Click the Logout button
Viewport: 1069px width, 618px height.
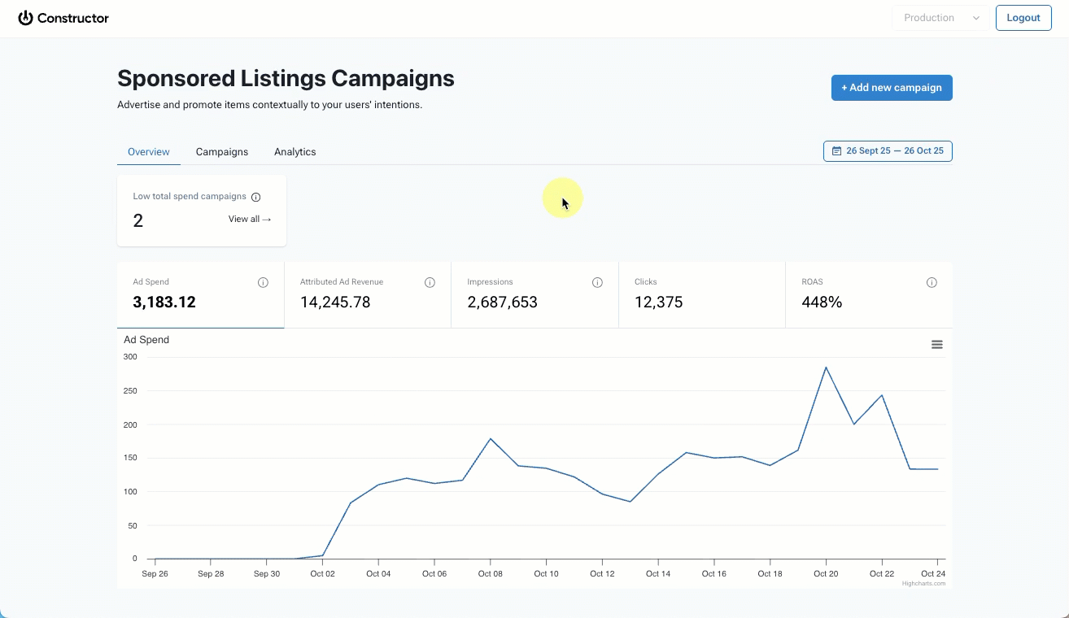coord(1023,18)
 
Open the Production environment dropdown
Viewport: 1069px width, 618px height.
coord(940,18)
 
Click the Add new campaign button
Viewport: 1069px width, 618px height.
coord(892,88)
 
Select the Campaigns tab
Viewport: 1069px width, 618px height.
coord(222,152)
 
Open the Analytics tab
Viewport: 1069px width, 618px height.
coord(295,152)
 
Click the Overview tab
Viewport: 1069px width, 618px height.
coord(149,152)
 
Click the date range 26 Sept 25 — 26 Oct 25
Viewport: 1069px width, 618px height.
coord(888,151)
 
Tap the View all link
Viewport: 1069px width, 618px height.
coord(250,219)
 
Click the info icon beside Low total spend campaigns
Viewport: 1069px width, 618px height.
coord(256,197)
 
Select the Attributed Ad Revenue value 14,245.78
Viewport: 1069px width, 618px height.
coord(335,302)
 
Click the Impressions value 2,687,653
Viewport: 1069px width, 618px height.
coord(502,302)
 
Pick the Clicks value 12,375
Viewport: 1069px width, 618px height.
coord(658,302)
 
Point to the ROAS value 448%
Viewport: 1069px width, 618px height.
coord(822,302)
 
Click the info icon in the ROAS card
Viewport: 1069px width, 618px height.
coord(932,283)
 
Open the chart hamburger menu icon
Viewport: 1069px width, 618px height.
coord(937,345)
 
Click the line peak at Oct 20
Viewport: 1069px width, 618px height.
coord(826,368)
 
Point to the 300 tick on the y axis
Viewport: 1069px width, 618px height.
coord(130,357)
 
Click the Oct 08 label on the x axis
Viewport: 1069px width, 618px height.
coord(491,574)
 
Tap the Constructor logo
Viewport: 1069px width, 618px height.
coord(63,18)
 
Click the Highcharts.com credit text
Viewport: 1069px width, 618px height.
coord(923,583)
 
